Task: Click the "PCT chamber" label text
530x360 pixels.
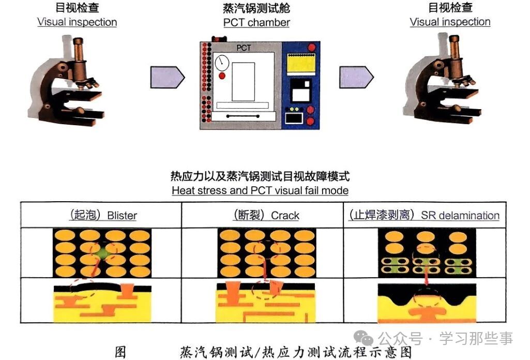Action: coord(256,22)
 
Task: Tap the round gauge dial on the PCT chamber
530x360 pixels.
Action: coord(222,63)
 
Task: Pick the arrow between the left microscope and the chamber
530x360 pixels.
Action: coord(166,77)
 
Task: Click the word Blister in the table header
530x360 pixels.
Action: coord(122,215)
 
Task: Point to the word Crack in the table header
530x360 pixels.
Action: coord(285,215)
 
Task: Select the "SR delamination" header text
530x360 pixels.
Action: coord(460,215)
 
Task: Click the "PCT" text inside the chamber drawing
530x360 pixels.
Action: coord(243,48)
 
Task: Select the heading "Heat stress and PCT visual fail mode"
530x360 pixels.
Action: coord(260,190)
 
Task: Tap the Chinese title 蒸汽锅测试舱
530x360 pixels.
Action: coord(256,8)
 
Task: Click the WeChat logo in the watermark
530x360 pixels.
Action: coord(367,339)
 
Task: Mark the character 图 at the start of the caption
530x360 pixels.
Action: coord(119,353)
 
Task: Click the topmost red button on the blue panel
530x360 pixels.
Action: coord(311,48)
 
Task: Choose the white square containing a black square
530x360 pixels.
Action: coord(300,93)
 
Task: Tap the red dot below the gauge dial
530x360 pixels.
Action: coord(222,76)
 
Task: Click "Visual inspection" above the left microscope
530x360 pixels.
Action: coord(77,22)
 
